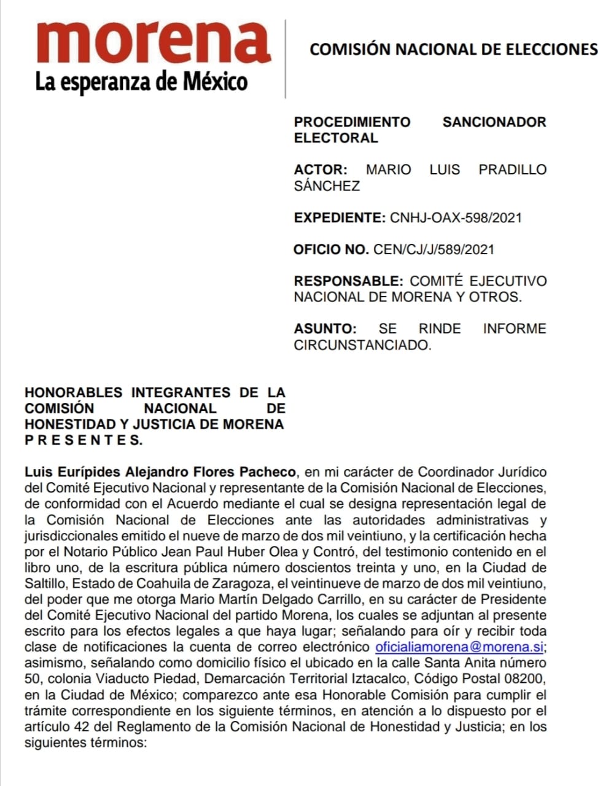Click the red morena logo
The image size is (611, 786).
(154, 43)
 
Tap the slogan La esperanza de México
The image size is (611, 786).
(141, 81)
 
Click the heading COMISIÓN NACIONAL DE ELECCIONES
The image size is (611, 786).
(453, 49)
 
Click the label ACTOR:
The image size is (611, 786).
(321, 169)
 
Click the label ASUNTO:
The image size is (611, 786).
(325, 329)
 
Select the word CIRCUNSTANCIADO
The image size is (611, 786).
(362, 345)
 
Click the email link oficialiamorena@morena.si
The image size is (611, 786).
(459, 647)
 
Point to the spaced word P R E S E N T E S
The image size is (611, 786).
(83, 440)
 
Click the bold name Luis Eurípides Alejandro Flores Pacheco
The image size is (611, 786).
(160, 472)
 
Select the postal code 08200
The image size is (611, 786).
(527, 679)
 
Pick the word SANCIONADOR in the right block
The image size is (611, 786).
(494, 122)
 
